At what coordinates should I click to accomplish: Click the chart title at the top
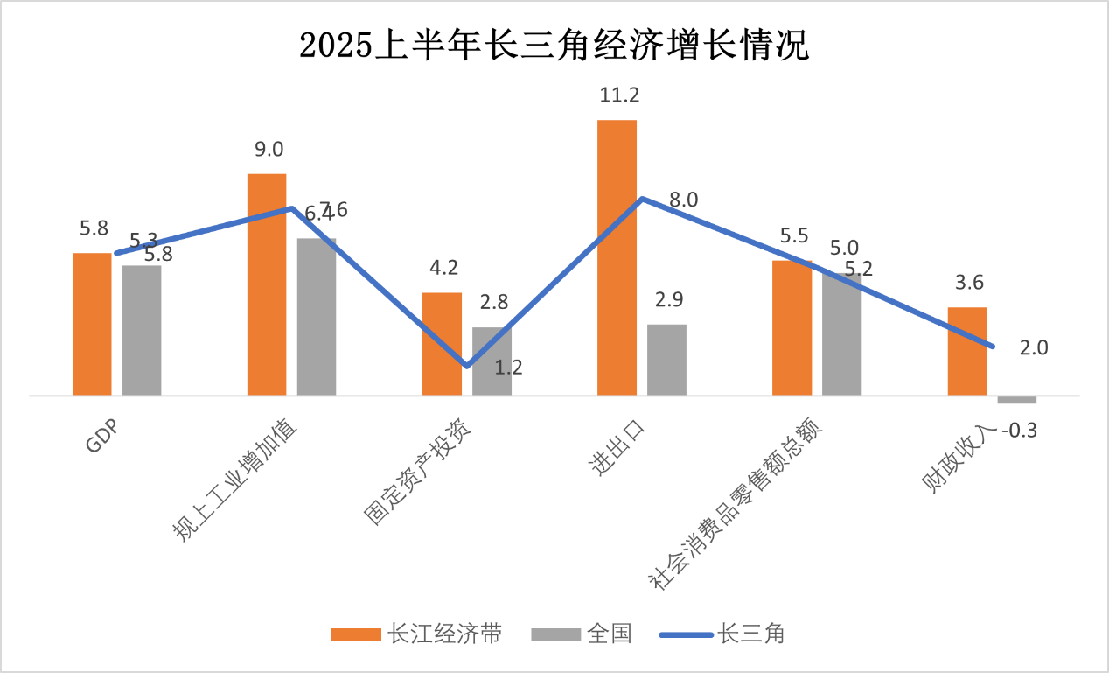(x=554, y=46)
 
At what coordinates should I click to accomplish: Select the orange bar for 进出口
(x=617, y=257)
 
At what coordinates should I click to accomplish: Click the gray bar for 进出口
(x=666, y=360)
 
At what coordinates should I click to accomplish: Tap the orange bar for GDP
(x=92, y=324)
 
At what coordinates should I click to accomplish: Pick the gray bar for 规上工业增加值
(x=317, y=316)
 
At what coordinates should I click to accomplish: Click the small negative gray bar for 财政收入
(x=1017, y=400)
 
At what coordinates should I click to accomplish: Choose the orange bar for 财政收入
(x=967, y=351)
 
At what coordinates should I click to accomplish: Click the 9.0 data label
(x=269, y=150)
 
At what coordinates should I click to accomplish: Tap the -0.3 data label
(x=1019, y=431)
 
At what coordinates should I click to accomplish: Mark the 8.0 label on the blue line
(x=684, y=200)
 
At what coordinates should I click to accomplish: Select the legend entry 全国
(x=582, y=634)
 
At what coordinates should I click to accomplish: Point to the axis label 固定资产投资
(x=417, y=473)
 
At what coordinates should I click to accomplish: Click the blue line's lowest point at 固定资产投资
(x=467, y=366)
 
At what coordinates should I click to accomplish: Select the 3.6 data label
(x=969, y=283)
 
